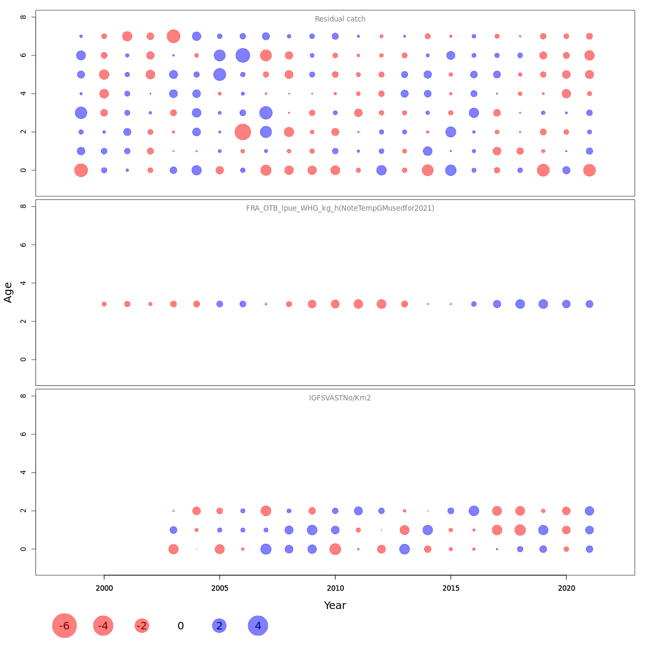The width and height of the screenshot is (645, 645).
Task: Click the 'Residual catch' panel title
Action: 340,19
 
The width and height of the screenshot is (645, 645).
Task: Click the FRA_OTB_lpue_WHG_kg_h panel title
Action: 340,209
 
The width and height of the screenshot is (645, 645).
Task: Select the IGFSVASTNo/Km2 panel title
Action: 340,398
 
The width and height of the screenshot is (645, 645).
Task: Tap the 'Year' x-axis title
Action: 335,606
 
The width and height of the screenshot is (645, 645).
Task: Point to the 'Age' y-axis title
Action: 9,292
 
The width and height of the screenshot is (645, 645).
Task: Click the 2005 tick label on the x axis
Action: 219,589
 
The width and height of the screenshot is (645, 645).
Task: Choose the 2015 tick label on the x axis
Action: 450,589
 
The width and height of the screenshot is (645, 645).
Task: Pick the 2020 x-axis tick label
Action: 566,589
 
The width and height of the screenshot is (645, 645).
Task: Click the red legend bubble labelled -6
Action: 64,626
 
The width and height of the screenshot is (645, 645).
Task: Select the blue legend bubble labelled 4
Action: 258,626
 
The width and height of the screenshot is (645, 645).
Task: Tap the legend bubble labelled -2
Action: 142,626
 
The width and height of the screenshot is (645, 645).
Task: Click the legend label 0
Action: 181,626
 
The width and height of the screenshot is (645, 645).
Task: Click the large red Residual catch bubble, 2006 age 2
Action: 242,132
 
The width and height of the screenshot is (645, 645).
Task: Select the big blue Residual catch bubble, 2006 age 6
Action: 242,55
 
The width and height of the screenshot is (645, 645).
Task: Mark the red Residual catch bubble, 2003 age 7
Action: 173,37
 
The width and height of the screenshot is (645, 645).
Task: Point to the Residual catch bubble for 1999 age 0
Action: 81,170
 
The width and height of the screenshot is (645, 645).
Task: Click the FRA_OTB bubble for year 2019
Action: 543,304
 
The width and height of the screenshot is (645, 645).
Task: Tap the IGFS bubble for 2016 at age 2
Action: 474,511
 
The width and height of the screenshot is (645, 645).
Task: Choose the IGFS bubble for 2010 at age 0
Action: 335,549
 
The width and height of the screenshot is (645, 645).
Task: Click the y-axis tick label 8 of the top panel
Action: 23,17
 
